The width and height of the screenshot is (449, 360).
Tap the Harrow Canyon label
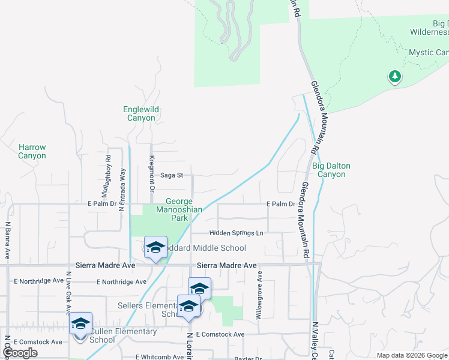coord(32,151)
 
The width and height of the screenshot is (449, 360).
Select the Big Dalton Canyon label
coord(331,170)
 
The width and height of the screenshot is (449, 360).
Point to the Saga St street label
coord(171,175)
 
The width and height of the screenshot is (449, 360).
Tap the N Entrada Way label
coord(122,190)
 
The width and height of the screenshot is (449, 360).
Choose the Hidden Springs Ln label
coord(236,233)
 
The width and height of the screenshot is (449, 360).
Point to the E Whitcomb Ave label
coord(160,356)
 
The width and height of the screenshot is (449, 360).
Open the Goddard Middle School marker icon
coord(155,248)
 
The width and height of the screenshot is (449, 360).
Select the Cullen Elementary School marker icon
coord(80,325)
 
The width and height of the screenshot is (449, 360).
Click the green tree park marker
coord(394,76)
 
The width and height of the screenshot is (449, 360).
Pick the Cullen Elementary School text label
coord(122,335)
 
